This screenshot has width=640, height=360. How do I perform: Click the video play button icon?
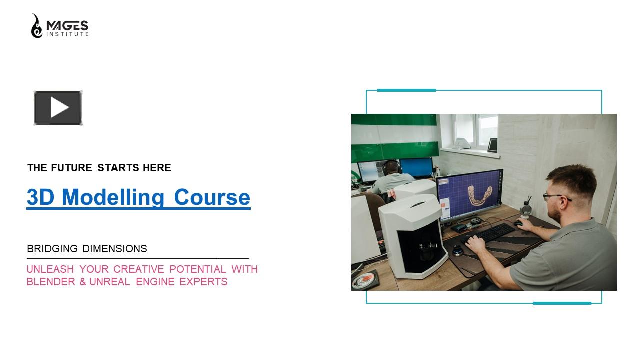pos(58,108)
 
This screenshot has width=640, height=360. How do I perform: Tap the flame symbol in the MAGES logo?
pos(37,26)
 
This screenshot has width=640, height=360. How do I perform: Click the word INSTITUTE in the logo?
pos(67,34)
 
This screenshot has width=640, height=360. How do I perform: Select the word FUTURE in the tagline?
pos(71,168)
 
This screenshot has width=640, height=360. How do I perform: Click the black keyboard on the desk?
pos(487,234)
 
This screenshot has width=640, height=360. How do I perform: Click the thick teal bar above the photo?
pos(406,90)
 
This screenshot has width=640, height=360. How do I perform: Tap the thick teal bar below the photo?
pos(562,303)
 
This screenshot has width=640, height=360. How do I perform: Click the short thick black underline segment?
pos(232,258)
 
